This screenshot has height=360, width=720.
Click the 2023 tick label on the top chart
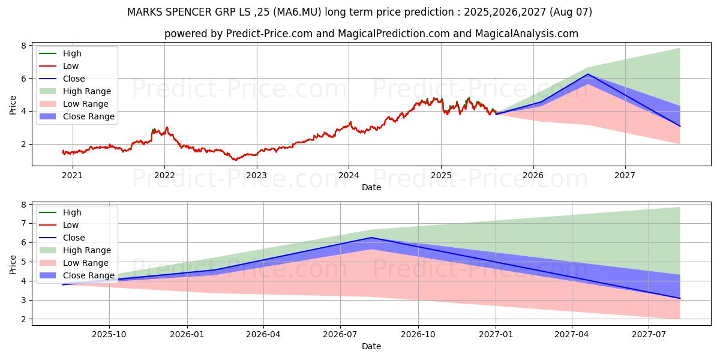[x=257, y=175]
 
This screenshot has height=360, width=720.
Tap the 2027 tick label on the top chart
[x=625, y=175]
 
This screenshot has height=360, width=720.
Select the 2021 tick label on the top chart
[x=73, y=175]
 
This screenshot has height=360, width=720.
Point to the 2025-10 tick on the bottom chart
[x=109, y=334]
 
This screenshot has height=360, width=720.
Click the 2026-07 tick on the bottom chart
[x=340, y=334]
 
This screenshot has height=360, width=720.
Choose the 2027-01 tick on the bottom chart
[x=496, y=334]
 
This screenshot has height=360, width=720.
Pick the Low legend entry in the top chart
[x=71, y=66]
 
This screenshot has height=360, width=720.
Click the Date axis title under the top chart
[x=371, y=187]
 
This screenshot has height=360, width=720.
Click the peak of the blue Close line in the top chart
[x=588, y=74]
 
